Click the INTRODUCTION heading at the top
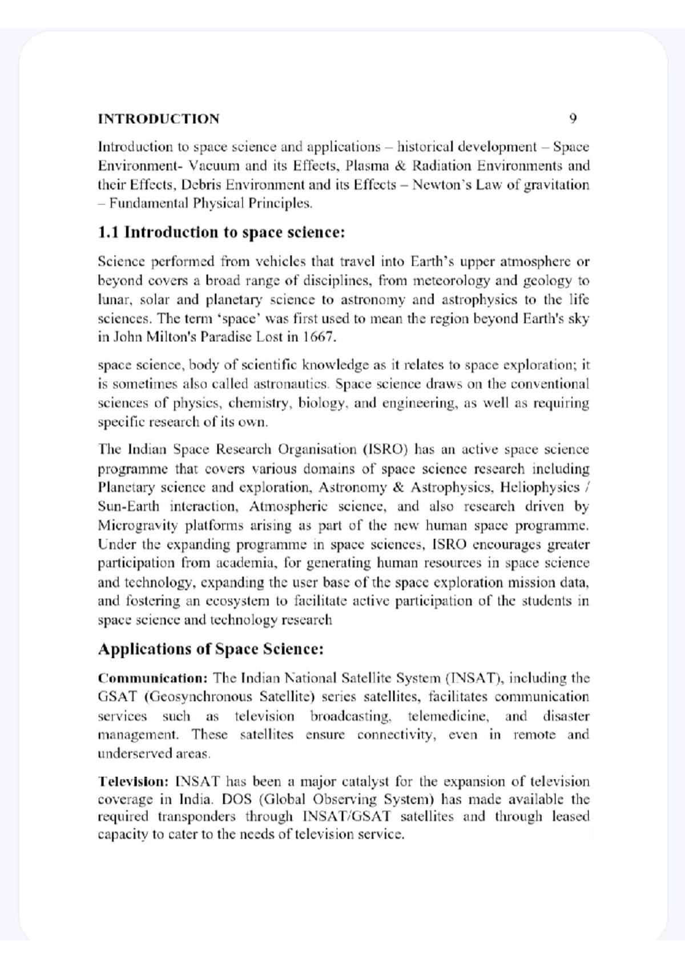click(x=158, y=119)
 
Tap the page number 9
click(x=573, y=119)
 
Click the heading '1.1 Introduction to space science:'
click(x=221, y=232)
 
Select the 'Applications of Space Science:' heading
click(x=211, y=649)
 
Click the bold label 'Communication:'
click(x=152, y=679)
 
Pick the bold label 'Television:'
click(x=133, y=781)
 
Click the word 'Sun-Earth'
click(x=128, y=506)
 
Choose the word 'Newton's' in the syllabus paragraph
click(x=440, y=185)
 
